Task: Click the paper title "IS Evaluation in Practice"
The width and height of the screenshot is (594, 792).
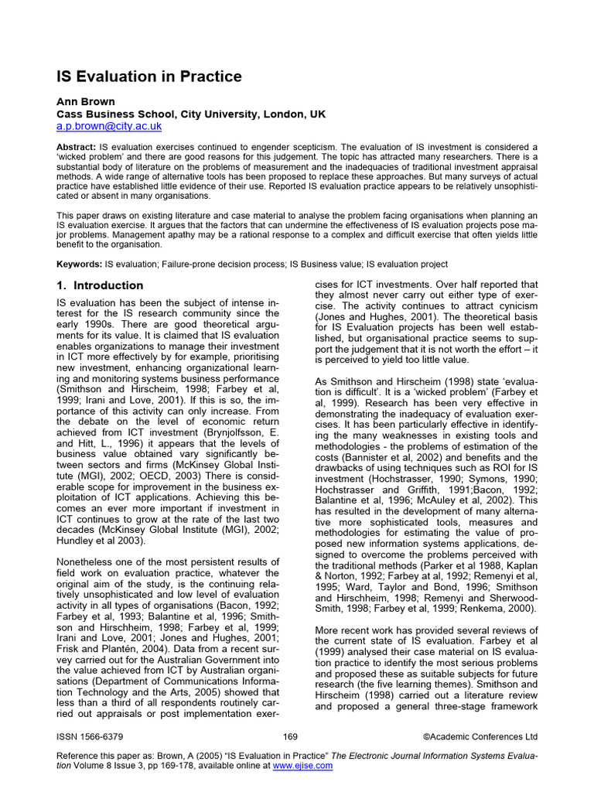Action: point(149,77)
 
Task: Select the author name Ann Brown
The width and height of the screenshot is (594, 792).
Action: point(85,102)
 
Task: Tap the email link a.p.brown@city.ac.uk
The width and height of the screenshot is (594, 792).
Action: point(109,126)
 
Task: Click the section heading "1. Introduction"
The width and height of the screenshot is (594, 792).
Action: point(101,285)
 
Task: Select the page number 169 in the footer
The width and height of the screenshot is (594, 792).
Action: point(291,736)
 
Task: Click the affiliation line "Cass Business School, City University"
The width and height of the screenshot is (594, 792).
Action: point(191,114)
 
